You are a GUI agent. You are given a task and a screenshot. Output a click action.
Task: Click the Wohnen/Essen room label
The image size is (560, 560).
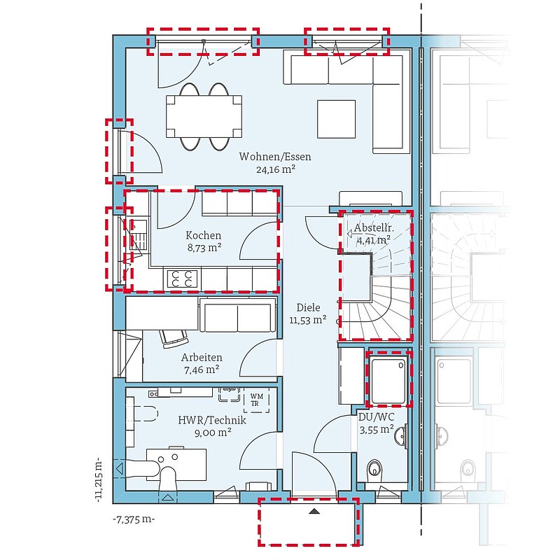point(275,156)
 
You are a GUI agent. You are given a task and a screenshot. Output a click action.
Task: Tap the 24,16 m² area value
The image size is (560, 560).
point(275,169)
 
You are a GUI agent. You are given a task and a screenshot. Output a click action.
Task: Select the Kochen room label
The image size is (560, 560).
point(204,235)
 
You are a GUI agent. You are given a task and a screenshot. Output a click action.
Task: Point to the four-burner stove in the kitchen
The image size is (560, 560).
point(182,279)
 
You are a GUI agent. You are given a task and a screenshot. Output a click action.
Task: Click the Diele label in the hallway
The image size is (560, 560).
point(308,307)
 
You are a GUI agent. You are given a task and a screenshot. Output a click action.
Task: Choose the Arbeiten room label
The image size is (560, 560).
point(202,357)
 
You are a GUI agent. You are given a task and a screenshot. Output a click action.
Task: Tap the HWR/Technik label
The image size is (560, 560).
point(212,420)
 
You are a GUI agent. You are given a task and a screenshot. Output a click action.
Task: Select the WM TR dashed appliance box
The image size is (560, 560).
point(256,400)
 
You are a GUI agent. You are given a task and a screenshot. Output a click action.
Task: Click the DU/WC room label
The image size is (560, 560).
point(377,417)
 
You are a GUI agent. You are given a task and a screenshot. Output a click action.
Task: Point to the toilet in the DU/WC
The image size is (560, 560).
point(375,468)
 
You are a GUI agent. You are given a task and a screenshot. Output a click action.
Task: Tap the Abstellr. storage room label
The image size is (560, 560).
point(374,228)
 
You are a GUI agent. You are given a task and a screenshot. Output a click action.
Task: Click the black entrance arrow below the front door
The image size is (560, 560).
point(314,512)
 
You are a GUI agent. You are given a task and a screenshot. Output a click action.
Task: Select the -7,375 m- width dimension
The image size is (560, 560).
point(134,519)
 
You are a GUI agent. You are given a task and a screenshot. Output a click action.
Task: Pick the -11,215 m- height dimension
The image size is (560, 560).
point(99,482)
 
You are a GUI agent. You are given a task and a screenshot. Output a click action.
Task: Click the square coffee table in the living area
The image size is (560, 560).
point(337,119)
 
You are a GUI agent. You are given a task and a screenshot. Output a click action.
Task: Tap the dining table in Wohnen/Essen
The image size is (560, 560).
point(204,116)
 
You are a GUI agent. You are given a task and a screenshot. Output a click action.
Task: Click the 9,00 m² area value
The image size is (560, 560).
point(213,433)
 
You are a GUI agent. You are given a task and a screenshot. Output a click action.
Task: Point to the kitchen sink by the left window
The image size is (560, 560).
point(137,234)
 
